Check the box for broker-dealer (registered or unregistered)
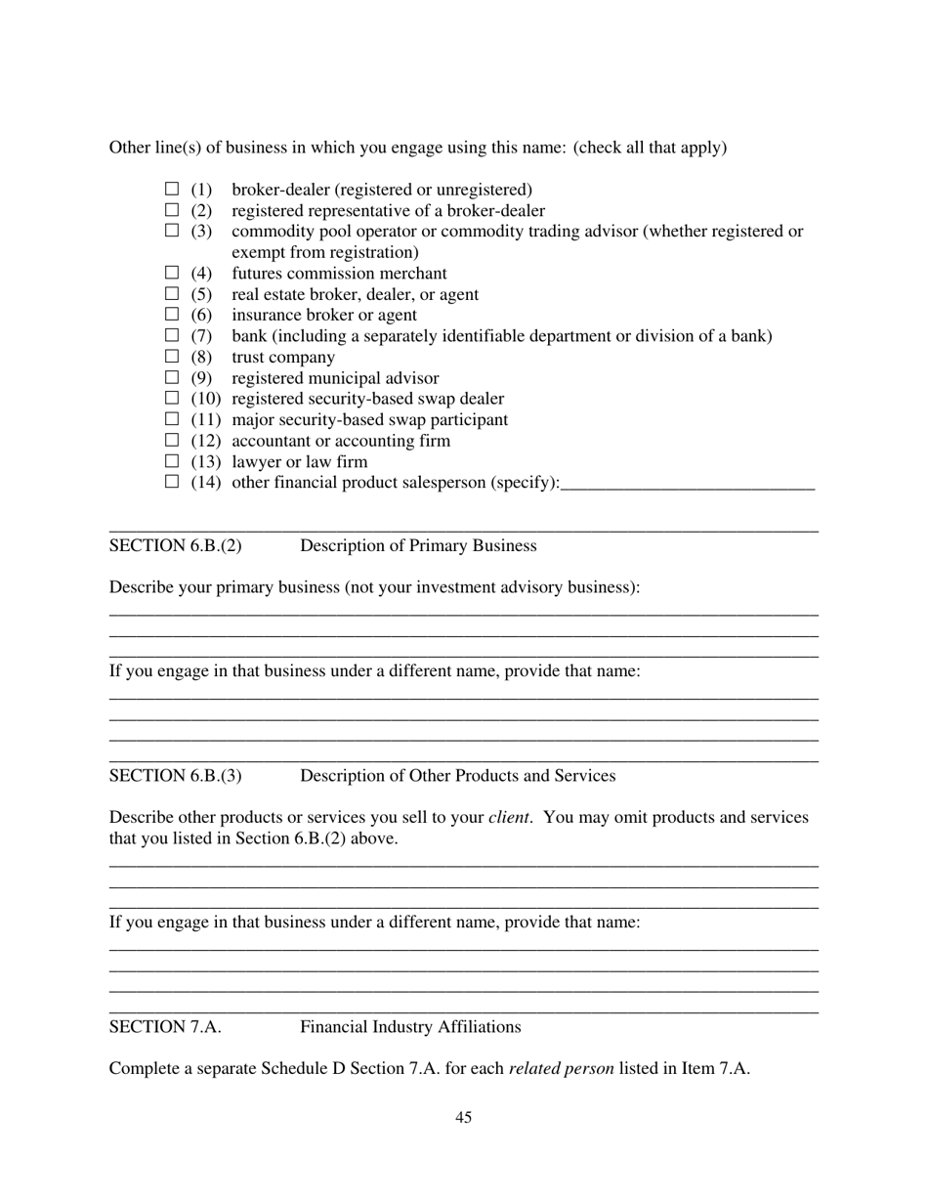tap(172, 189)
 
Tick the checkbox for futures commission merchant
tap(172, 273)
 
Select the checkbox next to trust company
tap(172, 357)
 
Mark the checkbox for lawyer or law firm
tap(172, 461)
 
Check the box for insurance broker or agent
tap(172, 315)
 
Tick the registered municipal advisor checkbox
tap(172, 377)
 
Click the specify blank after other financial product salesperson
tap(688, 482)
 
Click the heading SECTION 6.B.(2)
tap(176, 545)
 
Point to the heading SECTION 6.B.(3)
tap(176, 776)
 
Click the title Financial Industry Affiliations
tap(410, 1027)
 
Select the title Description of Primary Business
tap(418, 545)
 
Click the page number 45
tap(464, 1118)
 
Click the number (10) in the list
tap(206, 399)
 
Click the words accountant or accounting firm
tap(341, 441)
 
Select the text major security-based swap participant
tap(369, 419)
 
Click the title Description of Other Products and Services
tap(457, 776)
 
